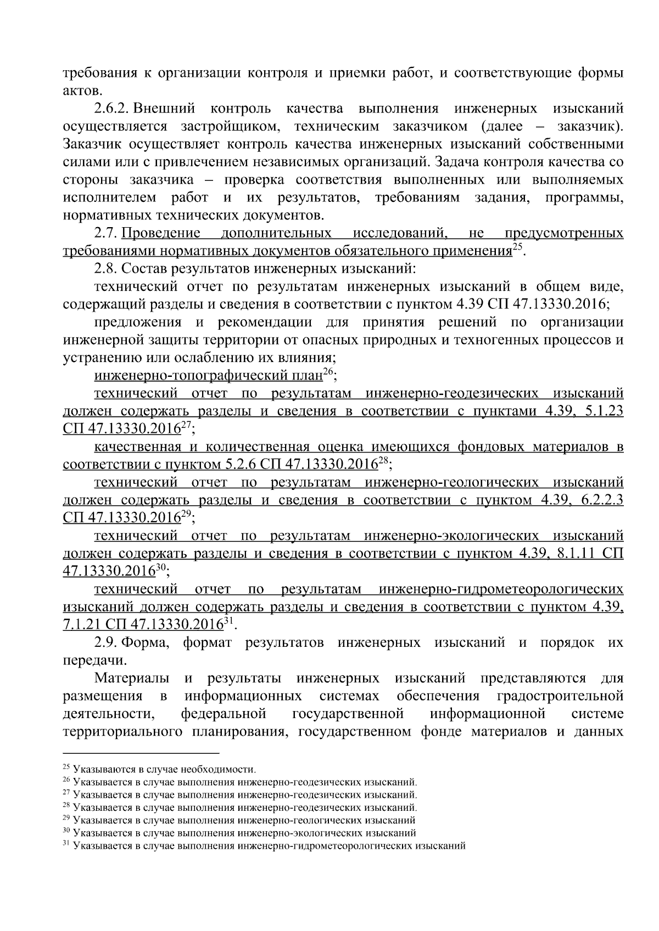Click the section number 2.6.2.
[112, 109]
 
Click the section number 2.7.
[105, 233]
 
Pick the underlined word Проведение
[161, 233]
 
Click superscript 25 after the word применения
[517, 248]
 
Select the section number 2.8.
[105, 269]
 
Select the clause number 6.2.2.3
[596, 500]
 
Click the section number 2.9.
[105, 642]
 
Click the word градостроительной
[560, 696]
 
